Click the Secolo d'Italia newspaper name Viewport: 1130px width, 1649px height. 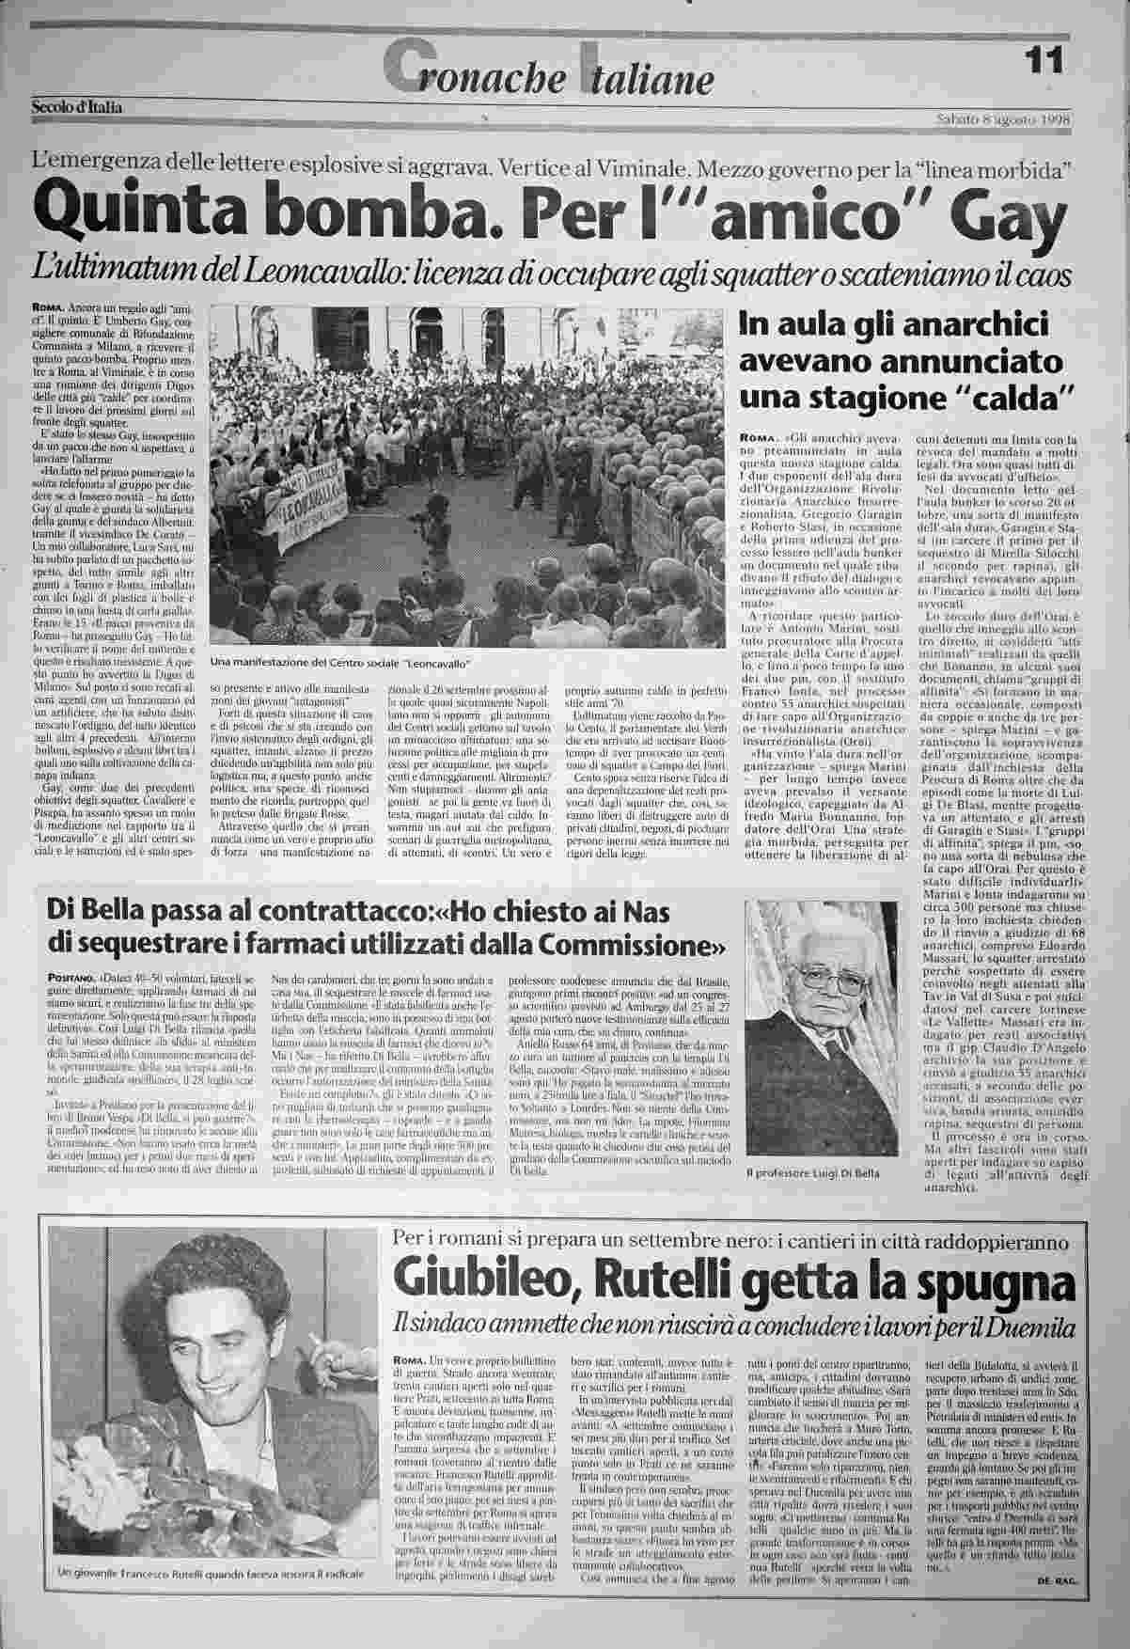[x=80, y=106]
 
